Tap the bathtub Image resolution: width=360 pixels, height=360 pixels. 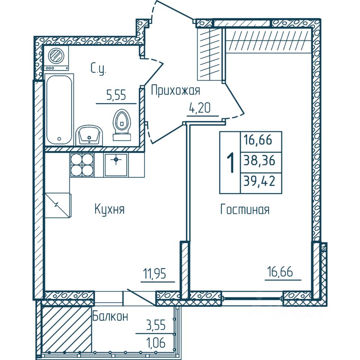tap(59, 109)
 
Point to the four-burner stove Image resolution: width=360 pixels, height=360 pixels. tap(81, 165)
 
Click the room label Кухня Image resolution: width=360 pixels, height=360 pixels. tap(109, 209)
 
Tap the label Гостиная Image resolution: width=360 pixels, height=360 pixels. tap(244, 210)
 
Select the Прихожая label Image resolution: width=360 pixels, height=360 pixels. tap(175, 90)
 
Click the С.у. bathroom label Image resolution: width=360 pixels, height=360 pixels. tap(99, 68)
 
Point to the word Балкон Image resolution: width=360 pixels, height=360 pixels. tap(110, 316)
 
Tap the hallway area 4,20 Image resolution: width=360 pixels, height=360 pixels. tap(199, 109)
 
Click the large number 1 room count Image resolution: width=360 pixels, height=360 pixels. tap(230, 162)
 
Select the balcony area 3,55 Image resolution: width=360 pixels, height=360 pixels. tap(156, 324)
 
